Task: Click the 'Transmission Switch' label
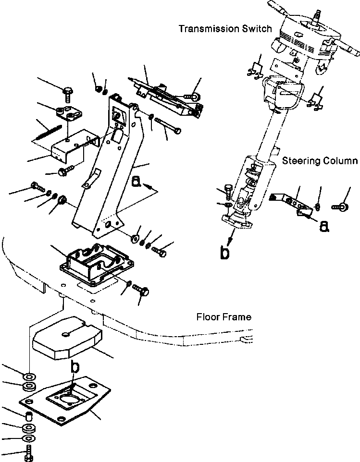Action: tap(224, 29)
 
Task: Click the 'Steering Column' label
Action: tap(320, 161)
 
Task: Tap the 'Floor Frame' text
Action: tap(223, 317)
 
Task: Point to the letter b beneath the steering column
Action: tap(224, 253)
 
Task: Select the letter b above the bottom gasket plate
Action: tap(74, 367)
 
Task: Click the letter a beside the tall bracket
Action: tap(136, 181)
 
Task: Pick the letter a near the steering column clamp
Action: tap(324, 226)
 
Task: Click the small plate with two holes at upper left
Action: tap(68, 114)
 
